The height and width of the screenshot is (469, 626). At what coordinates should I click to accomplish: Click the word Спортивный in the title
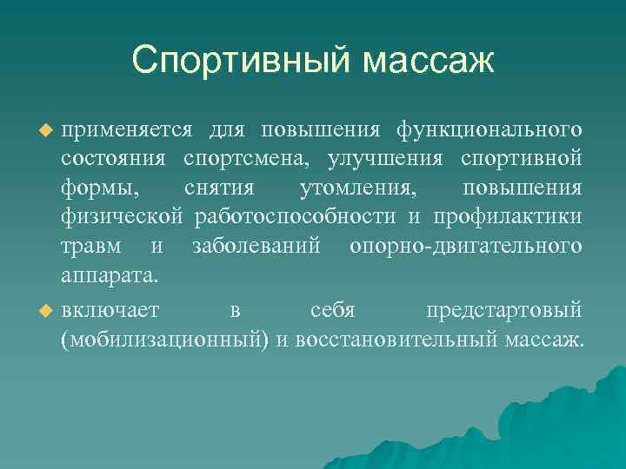point(241,61)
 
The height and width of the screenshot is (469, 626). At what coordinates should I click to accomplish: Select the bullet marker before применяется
point(48,130)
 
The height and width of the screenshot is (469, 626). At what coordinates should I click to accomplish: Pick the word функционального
point(489,129)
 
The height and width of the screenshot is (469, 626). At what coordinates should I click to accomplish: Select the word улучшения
point(383,160)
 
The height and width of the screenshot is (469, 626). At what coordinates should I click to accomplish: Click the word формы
point(97,189)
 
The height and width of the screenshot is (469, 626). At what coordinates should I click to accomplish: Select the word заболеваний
point(256,247)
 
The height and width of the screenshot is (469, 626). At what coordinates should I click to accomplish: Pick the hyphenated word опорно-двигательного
point(465,247)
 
